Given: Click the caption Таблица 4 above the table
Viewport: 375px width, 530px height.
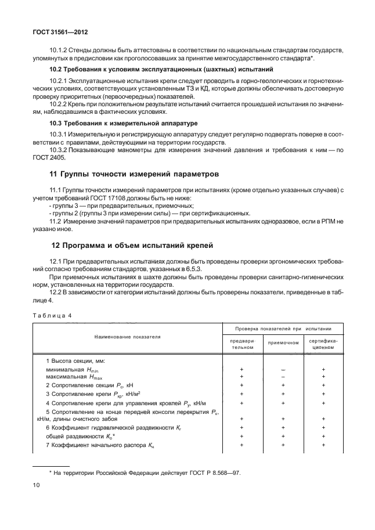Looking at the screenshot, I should (51, 316).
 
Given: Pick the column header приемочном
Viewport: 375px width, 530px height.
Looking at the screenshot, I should (283, 342).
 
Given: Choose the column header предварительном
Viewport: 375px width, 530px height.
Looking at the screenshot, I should (242, 342).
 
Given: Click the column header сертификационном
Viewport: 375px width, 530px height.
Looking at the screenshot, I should (324, 342).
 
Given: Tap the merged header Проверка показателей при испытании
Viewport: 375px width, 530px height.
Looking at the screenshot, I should (283, 328).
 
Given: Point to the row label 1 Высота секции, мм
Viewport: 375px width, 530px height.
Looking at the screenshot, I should (72, 360).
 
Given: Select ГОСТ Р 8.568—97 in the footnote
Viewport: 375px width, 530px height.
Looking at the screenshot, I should (215, 472).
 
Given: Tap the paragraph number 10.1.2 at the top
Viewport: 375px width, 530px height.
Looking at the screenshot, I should (59, 51).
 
